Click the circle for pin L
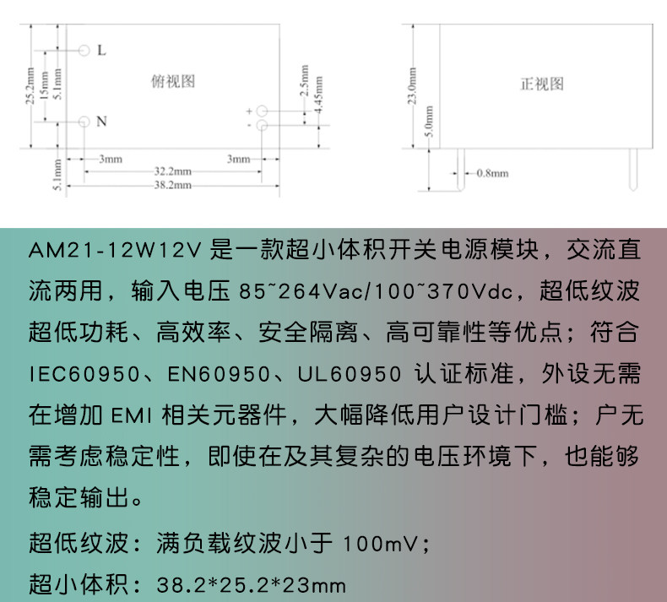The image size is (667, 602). click(x=84, y=50)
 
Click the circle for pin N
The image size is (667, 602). click(x=84, y=122)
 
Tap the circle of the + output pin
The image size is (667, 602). click(x=262, y=111)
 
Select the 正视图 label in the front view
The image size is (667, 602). click(x=541, y=84)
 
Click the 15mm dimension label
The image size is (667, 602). click(x=45, y=86)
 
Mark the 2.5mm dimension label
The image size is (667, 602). click(x=305, y=85)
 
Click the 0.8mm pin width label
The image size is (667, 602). click(x=493, y=173)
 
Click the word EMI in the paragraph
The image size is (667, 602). click(x=130, y=415)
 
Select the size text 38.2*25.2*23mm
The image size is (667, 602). click(x=252, y=584)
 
